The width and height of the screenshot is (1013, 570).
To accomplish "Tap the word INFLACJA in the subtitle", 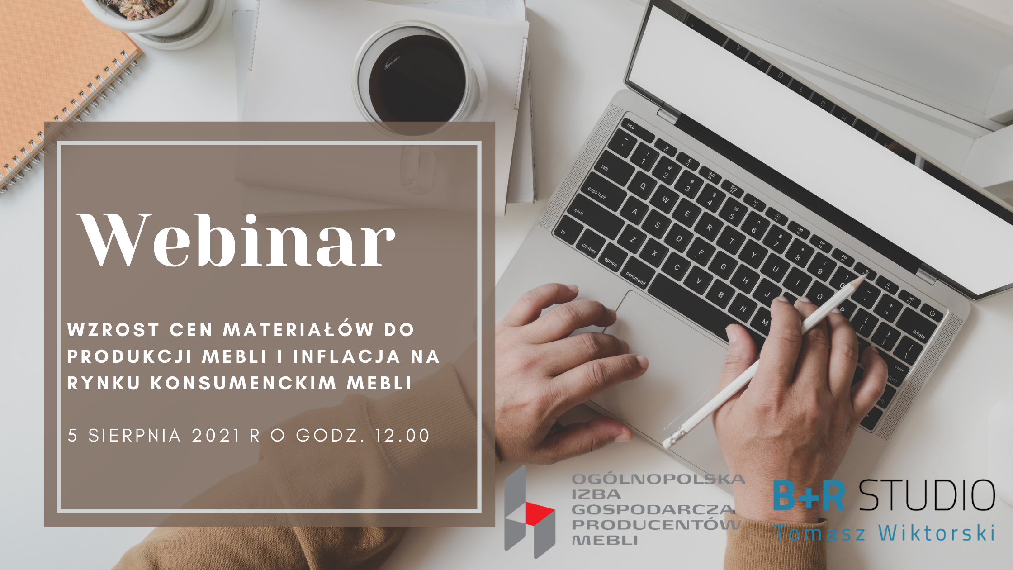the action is click(x=347, y=356).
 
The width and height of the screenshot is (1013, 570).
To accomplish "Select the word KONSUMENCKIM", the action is click(x=244, y=383).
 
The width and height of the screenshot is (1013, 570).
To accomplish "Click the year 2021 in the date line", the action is click(x=216, y=435).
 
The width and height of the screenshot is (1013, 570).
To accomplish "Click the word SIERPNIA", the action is click(x=135, y=435).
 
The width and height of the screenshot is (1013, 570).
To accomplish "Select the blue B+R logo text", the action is click(x=809, y=495).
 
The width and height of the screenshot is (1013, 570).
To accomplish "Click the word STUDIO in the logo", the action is click(x=927, y=495).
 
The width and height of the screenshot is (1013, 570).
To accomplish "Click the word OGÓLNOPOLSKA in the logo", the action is click(x=658, y=479).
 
